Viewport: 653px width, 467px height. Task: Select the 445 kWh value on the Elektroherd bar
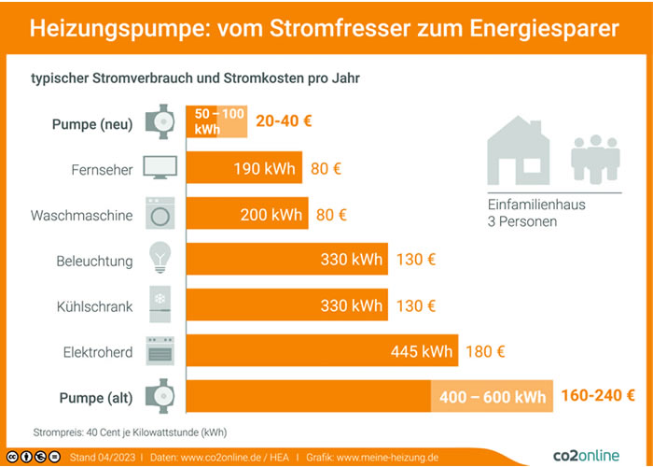pos(421,352)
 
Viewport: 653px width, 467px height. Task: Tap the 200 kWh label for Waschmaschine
pos(271,215)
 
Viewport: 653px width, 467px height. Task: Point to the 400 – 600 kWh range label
pos(493,397)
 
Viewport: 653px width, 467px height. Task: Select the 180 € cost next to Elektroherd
pos(485,352)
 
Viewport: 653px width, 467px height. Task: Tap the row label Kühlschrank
pos(95,306)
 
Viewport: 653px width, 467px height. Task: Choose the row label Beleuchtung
pos(94,261)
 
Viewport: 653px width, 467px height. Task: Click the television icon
pos(160,169)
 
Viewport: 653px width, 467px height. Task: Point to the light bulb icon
pos(160,259)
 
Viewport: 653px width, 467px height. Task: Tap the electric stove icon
pos(160,351)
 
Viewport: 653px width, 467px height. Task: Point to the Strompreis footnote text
pos(130,432)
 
